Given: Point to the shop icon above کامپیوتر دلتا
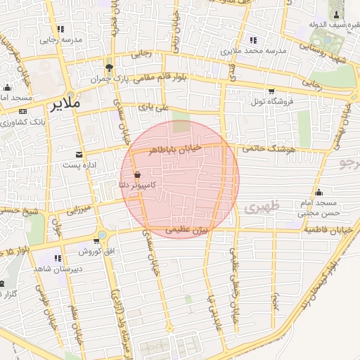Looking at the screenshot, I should tap(136, 174).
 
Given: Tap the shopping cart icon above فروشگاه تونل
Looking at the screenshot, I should tap(271, 91).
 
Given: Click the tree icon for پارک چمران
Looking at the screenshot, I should tap(108, 68).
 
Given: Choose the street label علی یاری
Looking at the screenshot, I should tap(154, 108).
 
